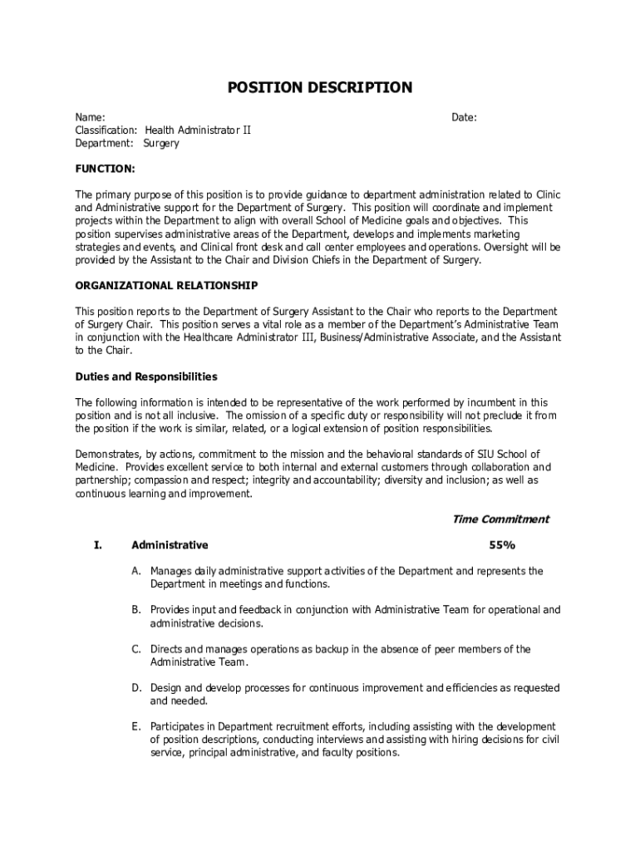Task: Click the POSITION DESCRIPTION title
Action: click(320, 87)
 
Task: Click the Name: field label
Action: click(90, 118)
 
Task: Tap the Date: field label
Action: click(464, 118)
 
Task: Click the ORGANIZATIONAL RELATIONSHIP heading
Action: click(166, 286)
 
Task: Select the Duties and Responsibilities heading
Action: click(146, 376)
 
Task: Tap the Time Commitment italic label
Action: click(500, 519)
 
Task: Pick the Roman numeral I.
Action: click(97, 546)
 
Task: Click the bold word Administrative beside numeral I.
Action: click(170, 546)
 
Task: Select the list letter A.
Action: click(135, 571)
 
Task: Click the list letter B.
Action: click(135, 610)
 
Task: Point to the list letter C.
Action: click(135, 649)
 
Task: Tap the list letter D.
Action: click(135, 688)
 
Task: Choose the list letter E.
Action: click(135, 727)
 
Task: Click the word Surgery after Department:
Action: click(161, 143)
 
